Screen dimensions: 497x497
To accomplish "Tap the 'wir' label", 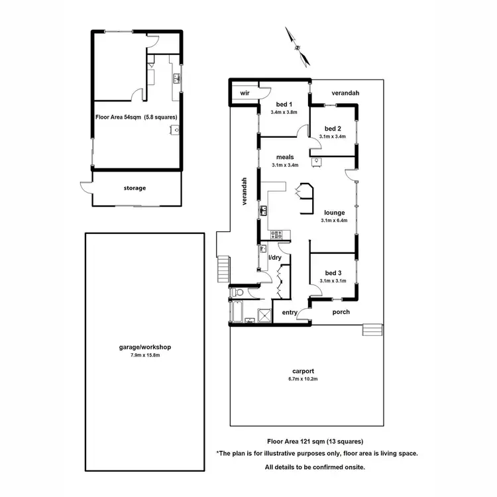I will click(x=244, y=93).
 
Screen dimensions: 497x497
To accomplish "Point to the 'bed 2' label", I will click(x=333, y=129).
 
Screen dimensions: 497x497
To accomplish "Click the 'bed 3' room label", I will click(x=333, y=273).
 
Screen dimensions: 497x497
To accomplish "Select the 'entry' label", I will click(x=290, y=312).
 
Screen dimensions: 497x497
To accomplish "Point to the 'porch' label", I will click(x=341, y=312).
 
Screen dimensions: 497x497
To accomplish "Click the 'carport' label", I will click(x=302, y=371).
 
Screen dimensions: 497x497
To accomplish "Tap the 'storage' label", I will click(x=135, y=188).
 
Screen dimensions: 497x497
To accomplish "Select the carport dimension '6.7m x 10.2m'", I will click(x=302, y=380).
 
